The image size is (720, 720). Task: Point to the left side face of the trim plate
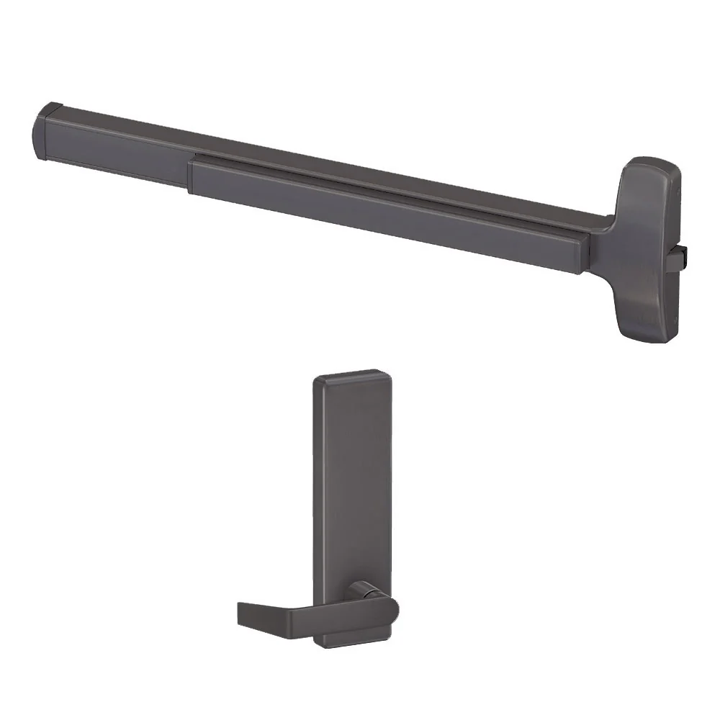click(316, 504)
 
